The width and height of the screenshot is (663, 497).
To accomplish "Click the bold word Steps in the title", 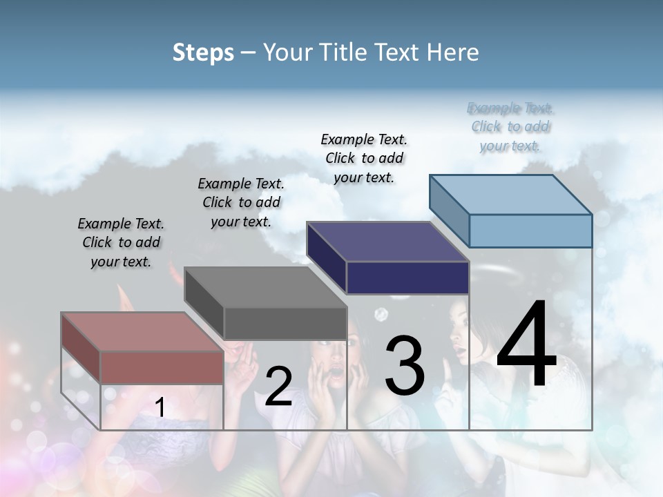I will click(x=203, y=52).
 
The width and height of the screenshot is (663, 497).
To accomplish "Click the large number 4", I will click(x=526, y=345).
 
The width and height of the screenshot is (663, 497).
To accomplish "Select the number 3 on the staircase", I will click(x=405, y=366).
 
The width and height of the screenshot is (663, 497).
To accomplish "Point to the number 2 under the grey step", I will click(x=278, y=387).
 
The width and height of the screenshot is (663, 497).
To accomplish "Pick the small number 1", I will click(x=160, y=408).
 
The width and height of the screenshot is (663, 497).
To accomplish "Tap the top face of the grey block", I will click(x=266, y=287).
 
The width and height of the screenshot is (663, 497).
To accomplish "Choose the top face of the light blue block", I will click(x=511, y=195).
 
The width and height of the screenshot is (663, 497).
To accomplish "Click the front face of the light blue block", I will click(x=530, y=231).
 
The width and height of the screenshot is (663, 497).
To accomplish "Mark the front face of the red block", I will click(x=162, y=367).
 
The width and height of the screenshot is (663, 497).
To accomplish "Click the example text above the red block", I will click(x=121, y=243).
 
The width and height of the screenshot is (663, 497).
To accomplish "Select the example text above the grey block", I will click(x=241, y=203).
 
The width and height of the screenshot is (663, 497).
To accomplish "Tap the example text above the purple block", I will click(x=364, y=158).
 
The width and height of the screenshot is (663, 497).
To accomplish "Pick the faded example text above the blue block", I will click(x=510, y=127).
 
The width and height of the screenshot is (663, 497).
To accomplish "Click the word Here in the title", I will click(x=453, y=52).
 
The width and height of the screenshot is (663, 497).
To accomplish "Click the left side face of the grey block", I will click(x=204, y=302).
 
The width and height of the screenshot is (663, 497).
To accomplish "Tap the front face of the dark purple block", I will click(x=407, y=277).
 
